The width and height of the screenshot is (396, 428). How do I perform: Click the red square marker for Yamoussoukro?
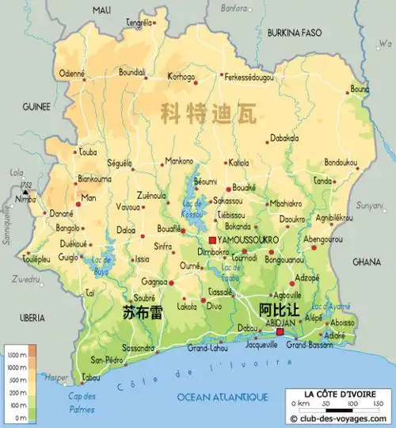(211, 239)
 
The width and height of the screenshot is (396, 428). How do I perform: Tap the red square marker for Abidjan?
(279, 332)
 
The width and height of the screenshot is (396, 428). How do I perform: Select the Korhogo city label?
(181, 77)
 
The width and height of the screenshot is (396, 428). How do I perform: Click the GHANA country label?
(366, 261)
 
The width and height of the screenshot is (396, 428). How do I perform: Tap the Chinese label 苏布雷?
(143, 311)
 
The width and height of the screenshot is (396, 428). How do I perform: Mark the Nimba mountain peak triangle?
(25, 193)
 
